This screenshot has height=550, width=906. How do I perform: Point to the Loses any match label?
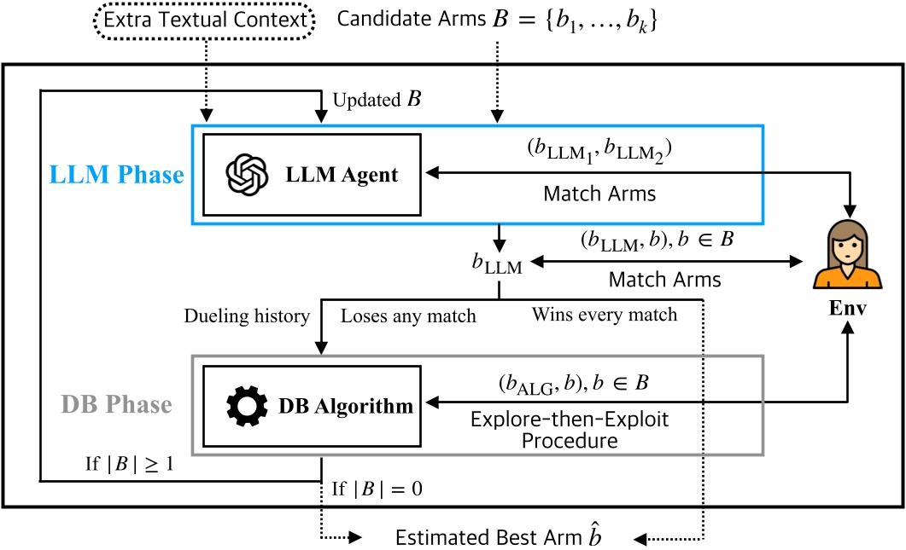tap(408, 316)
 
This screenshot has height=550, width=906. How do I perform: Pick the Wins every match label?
tap(604, 316)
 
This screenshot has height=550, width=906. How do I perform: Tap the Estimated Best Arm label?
tap(500, 537)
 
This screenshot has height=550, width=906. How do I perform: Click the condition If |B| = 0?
tap(377, 489)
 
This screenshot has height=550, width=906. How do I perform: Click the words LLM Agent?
tap(342, 175)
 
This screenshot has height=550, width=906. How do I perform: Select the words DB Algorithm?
tap(346, 407)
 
